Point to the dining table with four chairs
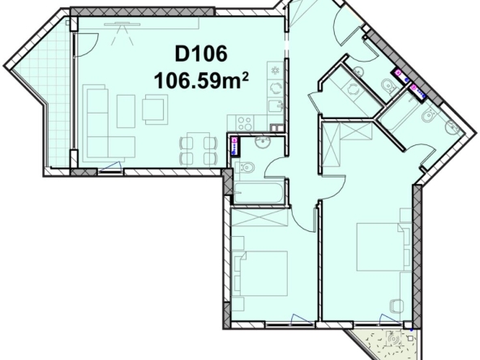pyautogui.click(x=198, y=147)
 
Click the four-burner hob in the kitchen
pyautogui.click(x=276, y=70)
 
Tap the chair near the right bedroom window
pyautogui.click(x=396, y=305)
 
